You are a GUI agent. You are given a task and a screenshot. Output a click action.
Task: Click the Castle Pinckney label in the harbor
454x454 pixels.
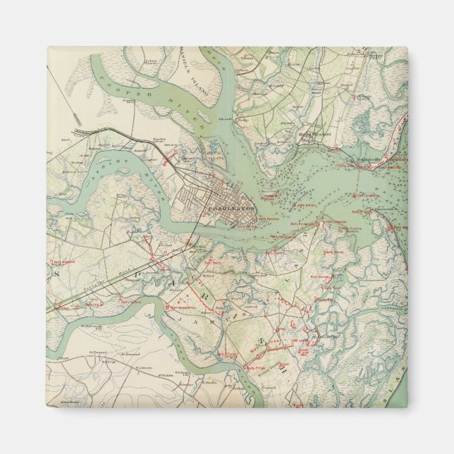[272, 191]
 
